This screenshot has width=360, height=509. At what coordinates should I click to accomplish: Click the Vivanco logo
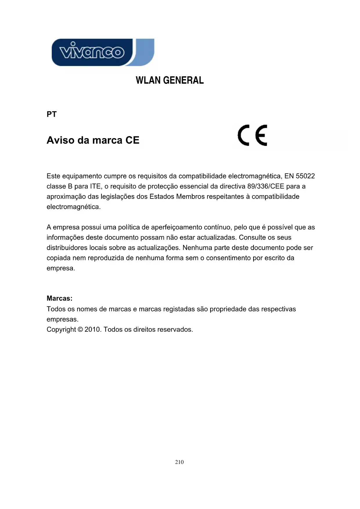tap(103, 53)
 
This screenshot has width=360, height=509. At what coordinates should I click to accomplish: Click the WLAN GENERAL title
tap(170, 80)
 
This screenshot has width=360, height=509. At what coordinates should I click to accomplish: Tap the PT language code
tap(52, 114)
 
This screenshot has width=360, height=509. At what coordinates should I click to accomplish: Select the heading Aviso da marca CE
tap(93, 140)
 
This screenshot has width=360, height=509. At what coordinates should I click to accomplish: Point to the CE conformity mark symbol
tap(252, 135)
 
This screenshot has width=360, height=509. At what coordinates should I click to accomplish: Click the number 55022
tap(305, 176)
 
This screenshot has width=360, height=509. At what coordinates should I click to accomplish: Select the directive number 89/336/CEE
tap(266, 186)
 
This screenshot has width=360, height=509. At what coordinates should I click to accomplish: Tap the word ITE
tap(95, 186)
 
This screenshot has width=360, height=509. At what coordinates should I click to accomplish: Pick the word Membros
tap(190, 196)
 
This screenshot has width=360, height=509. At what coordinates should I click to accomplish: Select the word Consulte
tap(252, 237)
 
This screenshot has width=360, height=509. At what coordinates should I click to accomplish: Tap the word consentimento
tap(228, 258)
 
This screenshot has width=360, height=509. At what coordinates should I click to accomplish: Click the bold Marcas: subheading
tap(59, 298)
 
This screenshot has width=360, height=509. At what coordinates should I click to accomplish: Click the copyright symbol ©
tap(80, 330)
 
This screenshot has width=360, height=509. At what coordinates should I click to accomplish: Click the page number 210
tap(179, 462)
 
